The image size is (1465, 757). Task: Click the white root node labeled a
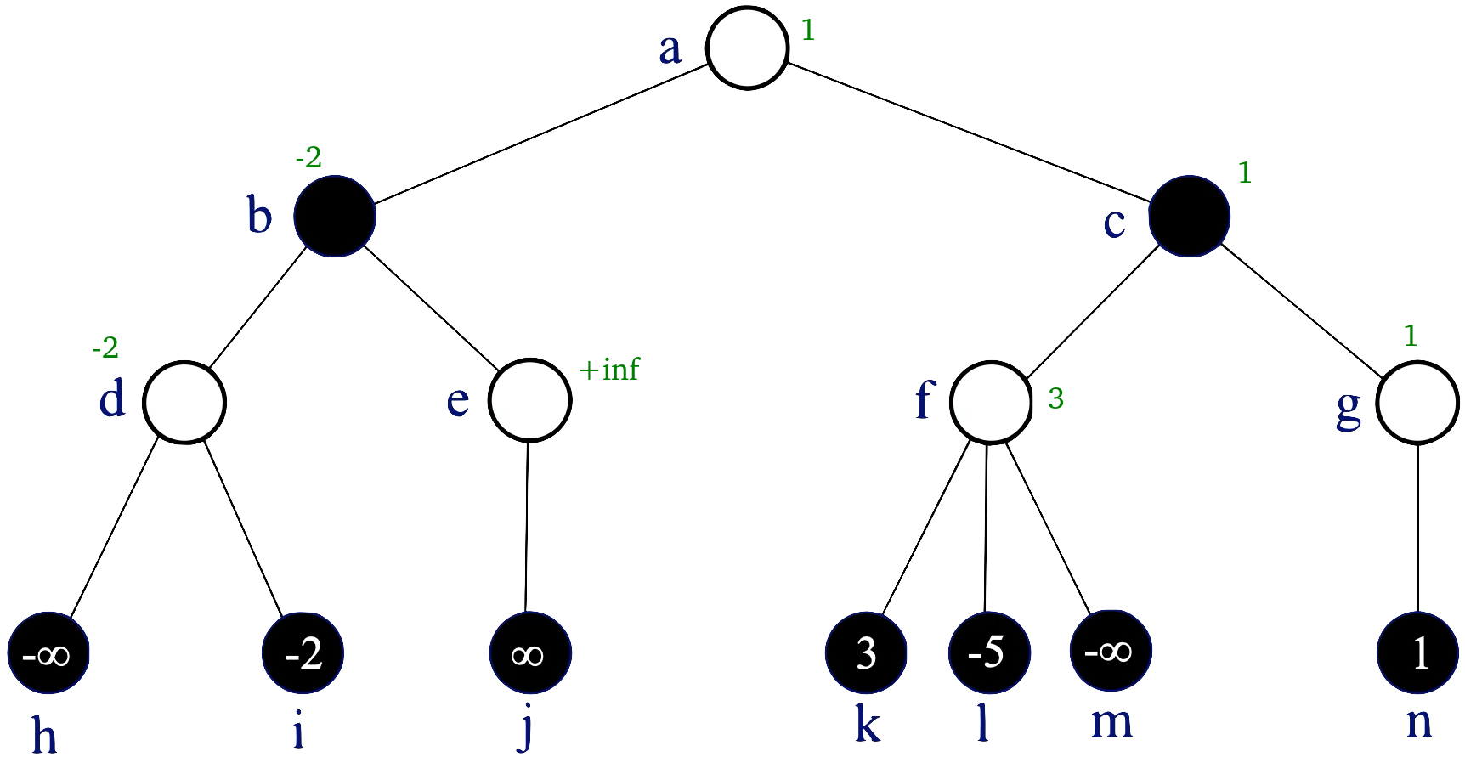tap(748, 48)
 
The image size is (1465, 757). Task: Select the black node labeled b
tap(335, 216)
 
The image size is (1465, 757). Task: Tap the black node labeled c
tap(1189, 216)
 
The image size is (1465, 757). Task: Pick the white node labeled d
tap(184, 402)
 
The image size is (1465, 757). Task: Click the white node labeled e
tap(529, 400)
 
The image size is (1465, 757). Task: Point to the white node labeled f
tap(991, 402)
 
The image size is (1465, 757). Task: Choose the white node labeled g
tap(1417, 402)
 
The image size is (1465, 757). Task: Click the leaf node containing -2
tap(303, 653)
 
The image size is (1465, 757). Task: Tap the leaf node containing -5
tap(989, 653)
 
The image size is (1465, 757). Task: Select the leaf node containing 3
tap(866, 653)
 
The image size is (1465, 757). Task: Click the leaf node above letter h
tap(48, 653)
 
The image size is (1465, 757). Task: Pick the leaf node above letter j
tap(530, 653)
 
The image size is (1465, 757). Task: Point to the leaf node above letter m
tap(1111, 651)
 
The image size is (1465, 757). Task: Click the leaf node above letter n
tap(1417, 653)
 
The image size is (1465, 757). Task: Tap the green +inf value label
tap(608, 370)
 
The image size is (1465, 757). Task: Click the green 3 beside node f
tap(1055, 398)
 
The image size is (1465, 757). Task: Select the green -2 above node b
tap(308, 158)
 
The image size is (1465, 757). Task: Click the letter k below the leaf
tap(867, 725)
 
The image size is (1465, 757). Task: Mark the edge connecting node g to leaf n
tap(1417, 527)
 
